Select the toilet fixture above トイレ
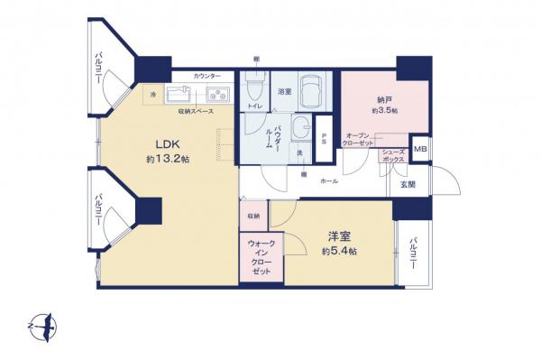pos(254,87)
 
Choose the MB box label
pos(419,149)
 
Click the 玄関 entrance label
pos(407,185)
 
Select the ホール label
pos(330,180)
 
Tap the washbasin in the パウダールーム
pos(302,130)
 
